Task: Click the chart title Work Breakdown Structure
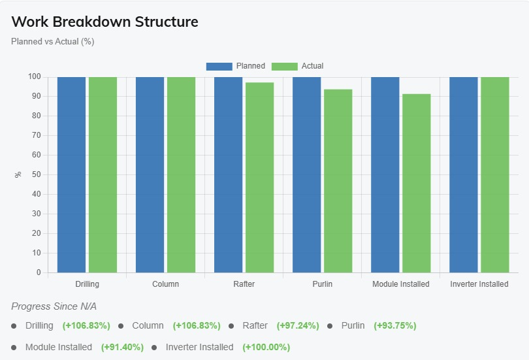click(x=105, y=22)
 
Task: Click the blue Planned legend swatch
click(x=219, y=66)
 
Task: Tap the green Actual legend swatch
click(x=284, y=66)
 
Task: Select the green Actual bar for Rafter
click(x=259, y=177)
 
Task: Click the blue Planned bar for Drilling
click(x=71, y=174)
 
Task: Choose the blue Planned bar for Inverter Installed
click(x=463, y=174)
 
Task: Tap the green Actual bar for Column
click(x=181, y=174)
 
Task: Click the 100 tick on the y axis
click(x=34, y=76)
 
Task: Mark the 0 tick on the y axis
click(x=38, y=272)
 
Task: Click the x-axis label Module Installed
click(x=401, y=284)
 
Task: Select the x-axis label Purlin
click(x=322, y=284)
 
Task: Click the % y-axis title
click(x=18, y=174)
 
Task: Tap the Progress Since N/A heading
click(x=54, y=306)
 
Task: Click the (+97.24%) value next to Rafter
click(x=298, y=325)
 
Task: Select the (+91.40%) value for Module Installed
click(x=122, y=347)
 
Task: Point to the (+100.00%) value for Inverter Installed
click(x=266, y=347)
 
